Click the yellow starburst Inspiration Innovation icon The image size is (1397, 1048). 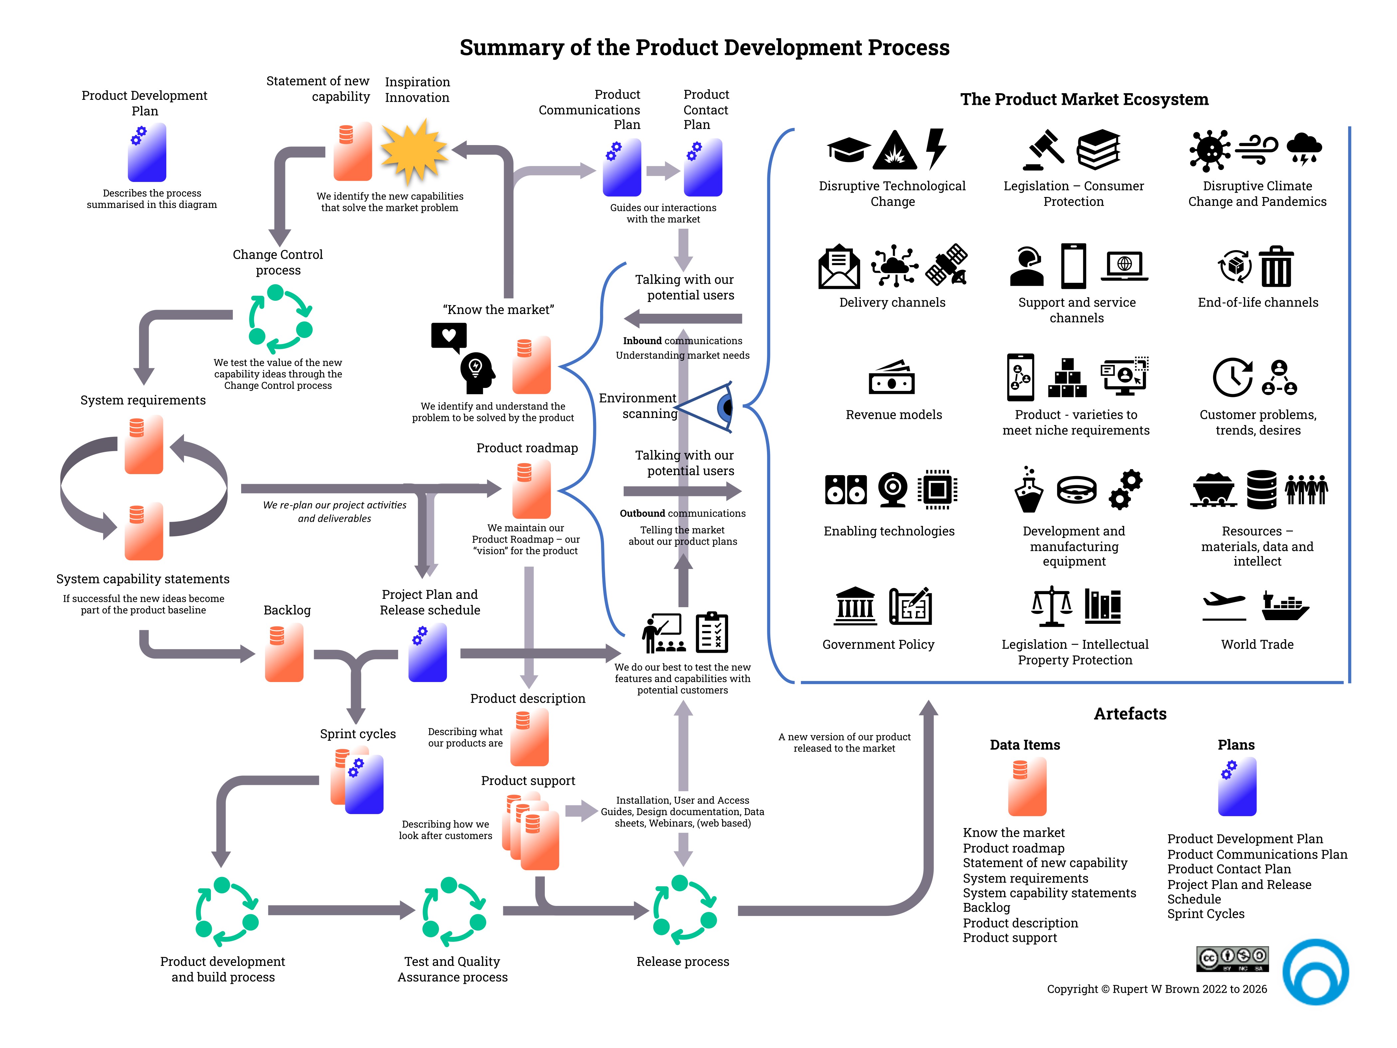pyautogui.click(x=414, y=152)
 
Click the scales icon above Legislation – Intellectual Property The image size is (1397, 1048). pyautogui.click(x=1051, y=605)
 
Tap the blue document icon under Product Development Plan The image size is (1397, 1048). pyautogui.click(x=147, y=152)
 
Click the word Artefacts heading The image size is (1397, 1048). pyautogui.click(x=1130, y=714)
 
